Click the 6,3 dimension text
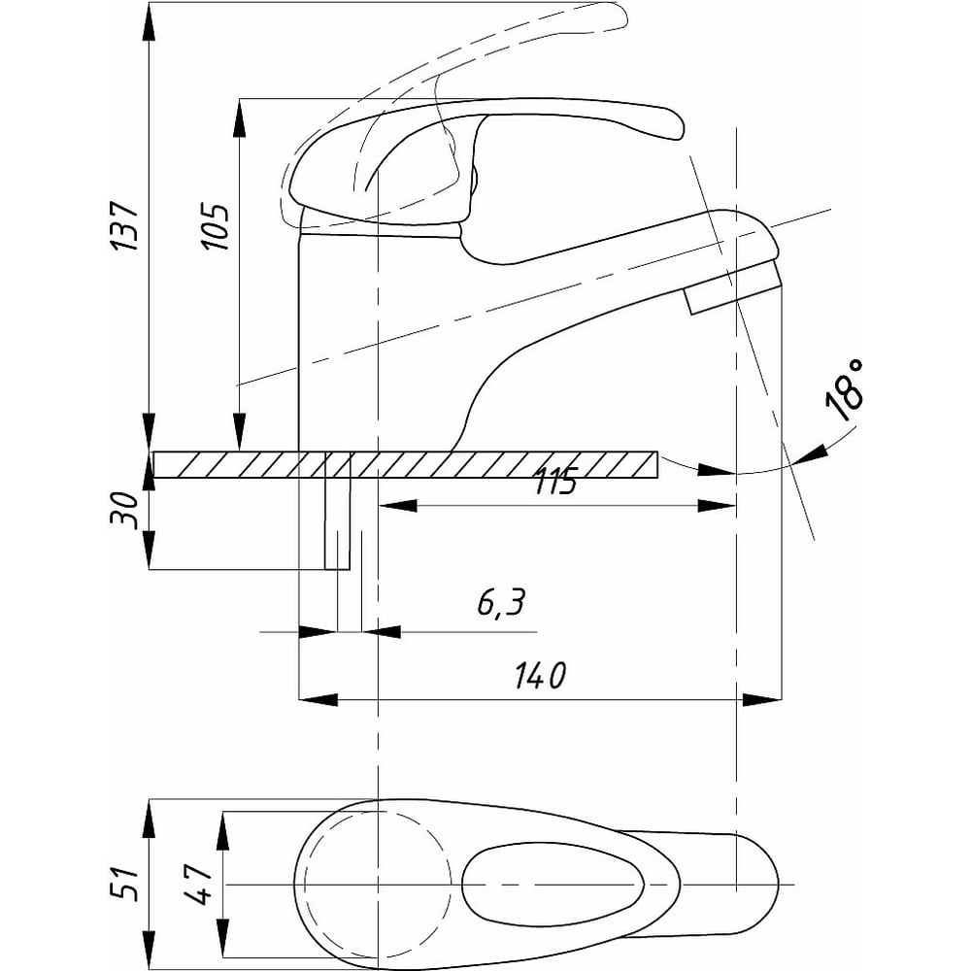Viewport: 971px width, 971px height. [x=500, y=604]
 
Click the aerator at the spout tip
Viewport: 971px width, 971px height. [x=732, y=292]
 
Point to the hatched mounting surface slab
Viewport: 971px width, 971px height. [x=485, y=465]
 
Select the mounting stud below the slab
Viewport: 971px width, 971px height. [x=337, y=524]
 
